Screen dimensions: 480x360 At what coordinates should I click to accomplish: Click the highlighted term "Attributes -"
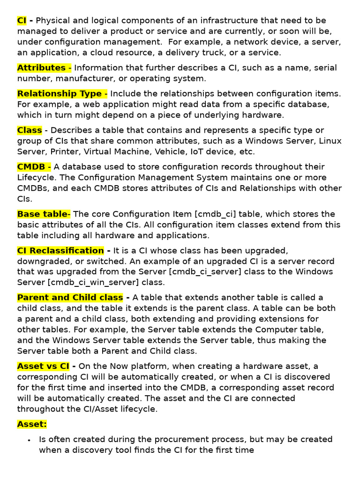(x=44, y=68)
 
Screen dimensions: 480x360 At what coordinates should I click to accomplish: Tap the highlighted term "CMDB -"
(x=34, y=167)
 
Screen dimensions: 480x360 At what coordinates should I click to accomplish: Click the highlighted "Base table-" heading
(x=44, y=214)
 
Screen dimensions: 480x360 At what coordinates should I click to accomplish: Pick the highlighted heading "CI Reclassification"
(x=60, y=251)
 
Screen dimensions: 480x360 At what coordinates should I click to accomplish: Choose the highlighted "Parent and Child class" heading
(x=70, y=298)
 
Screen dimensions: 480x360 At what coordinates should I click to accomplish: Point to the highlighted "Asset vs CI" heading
(x=43, y=366)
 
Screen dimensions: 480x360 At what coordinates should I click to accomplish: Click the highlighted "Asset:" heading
(x=32, y=424)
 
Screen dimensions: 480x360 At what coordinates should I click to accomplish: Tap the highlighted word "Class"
(x=30, y=130)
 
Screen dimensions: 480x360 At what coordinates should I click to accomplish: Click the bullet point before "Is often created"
(x=29, y=440)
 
